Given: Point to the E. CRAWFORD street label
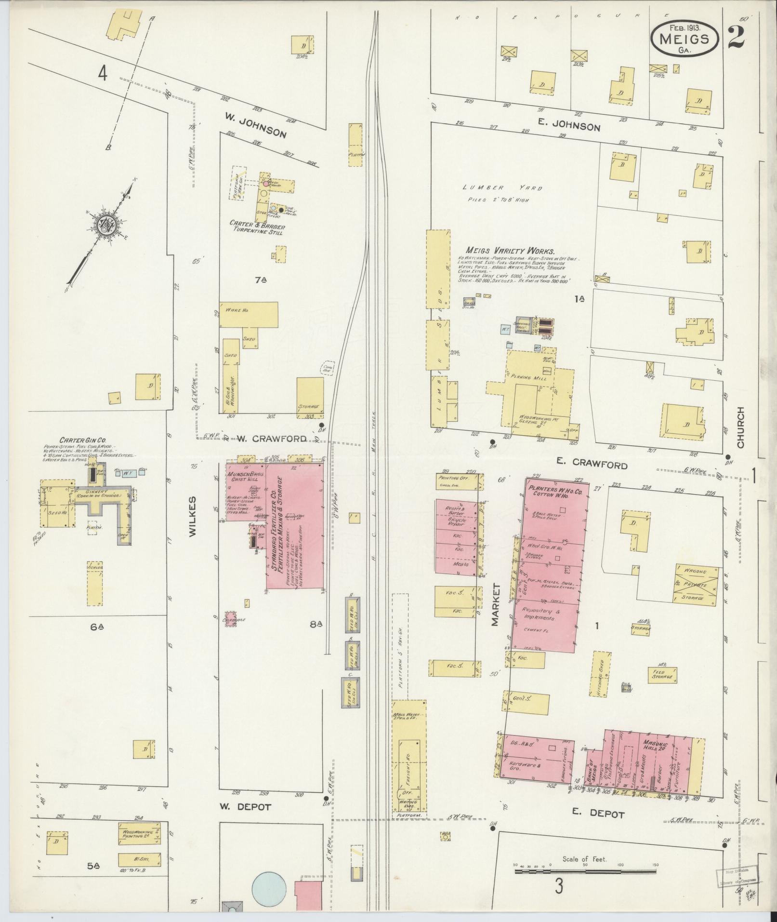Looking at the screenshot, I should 592,464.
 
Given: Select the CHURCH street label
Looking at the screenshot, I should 741,427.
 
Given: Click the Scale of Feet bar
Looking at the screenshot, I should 584,871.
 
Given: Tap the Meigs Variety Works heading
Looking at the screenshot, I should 510,251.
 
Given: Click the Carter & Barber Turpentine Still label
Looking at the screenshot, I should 257,229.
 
